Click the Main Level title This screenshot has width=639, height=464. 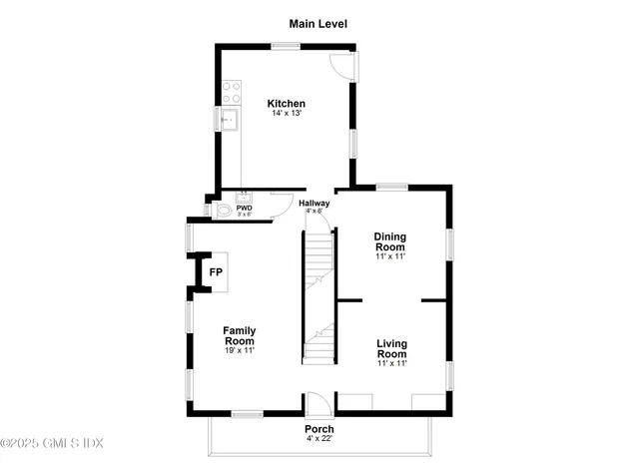[319, 23]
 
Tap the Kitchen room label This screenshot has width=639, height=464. [287, 104]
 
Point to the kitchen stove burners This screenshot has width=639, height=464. [231, 93]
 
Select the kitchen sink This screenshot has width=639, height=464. [231, 122]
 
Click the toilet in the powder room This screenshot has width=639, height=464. [223, 212]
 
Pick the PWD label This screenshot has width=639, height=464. [245, 208]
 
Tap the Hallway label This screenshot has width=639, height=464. [316, 204]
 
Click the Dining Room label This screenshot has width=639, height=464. [389, 241]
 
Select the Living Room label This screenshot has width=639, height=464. [391, 349]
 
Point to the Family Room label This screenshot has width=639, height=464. [240, 335]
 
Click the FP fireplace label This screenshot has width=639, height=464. [216, 271]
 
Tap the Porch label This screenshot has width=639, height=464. [319, 429]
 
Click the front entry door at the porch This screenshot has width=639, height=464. [319, 405]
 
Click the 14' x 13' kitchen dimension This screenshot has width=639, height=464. [287, 114]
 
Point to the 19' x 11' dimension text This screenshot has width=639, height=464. [240, 351]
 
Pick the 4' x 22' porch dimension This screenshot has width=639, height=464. [319, 439]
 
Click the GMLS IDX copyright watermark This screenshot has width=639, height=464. [52, 442]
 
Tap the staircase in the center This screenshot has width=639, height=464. [319, 299]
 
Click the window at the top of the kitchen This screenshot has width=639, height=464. [287, 45]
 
